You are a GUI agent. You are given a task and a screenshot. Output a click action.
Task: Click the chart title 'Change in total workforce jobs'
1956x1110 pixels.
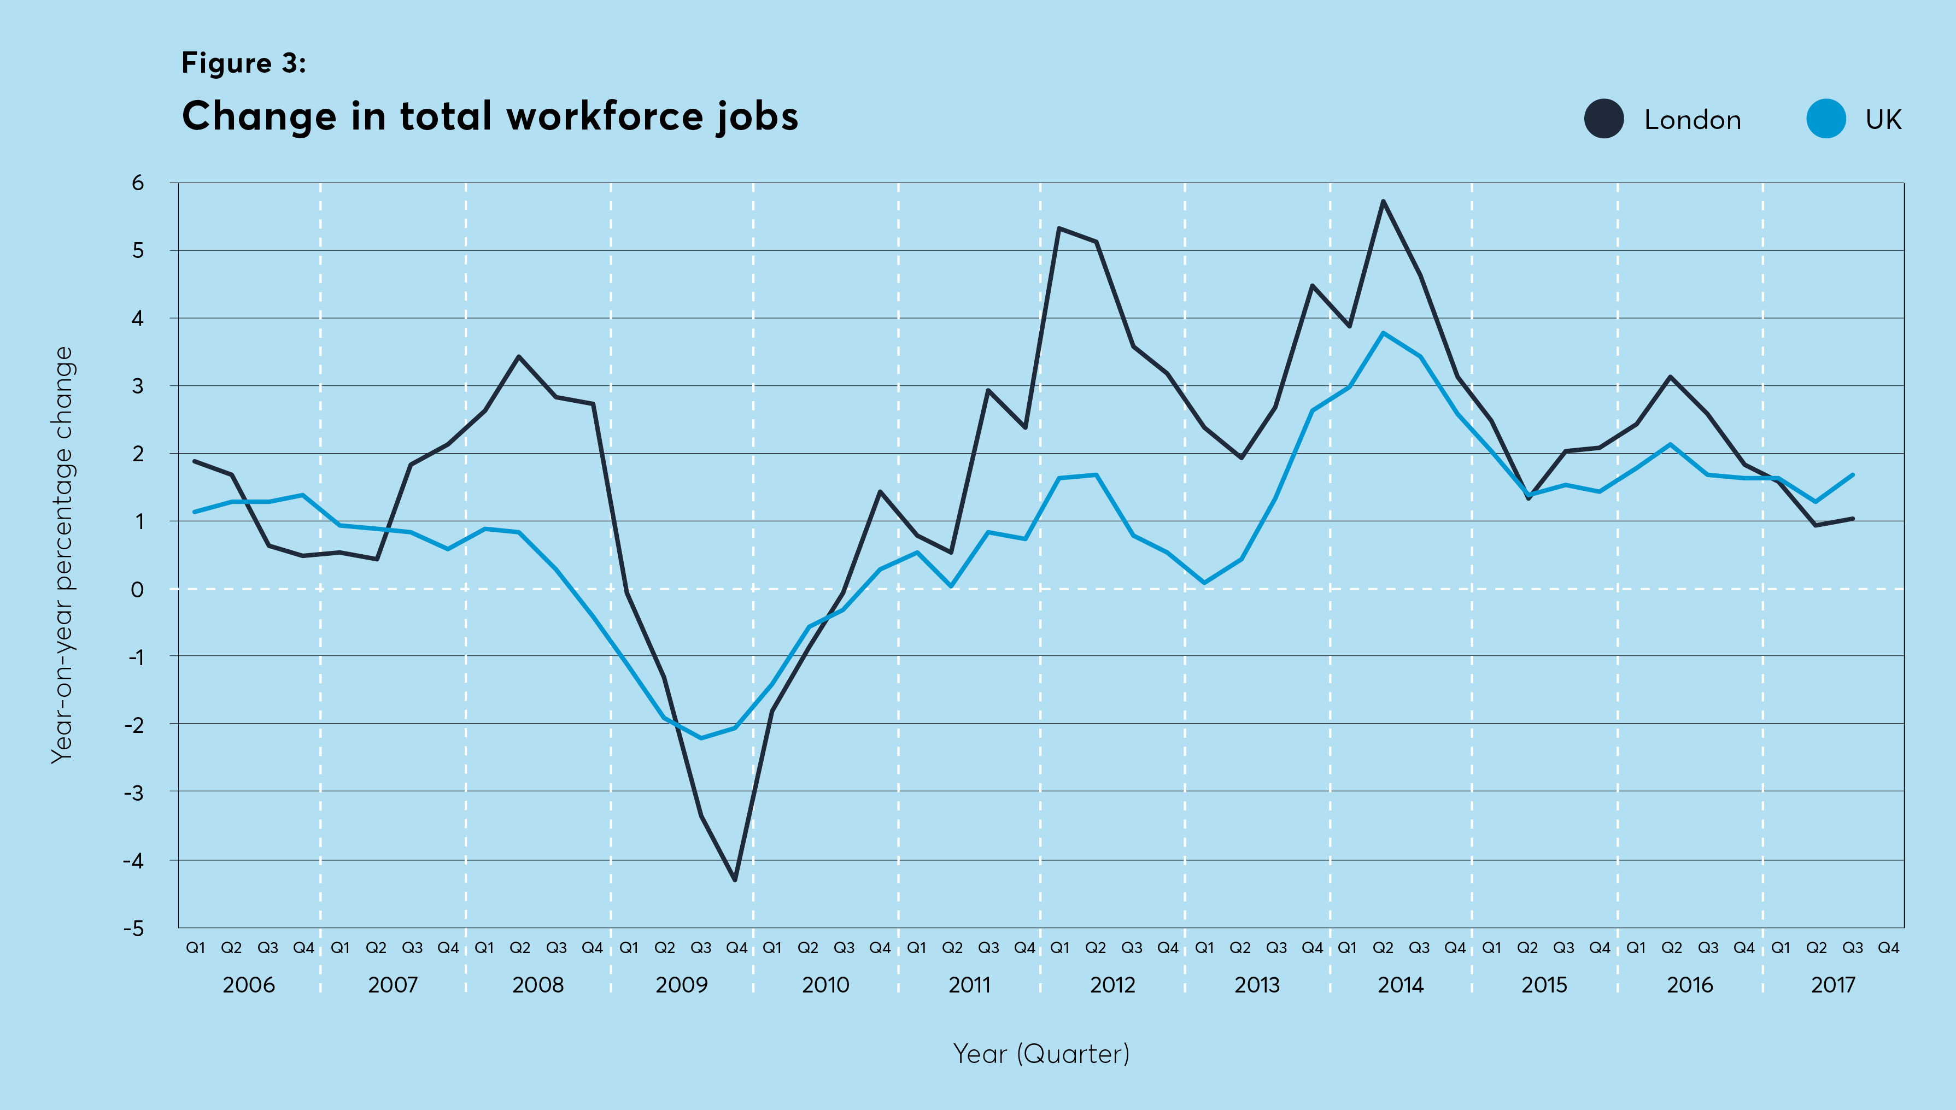[x=490, y=116]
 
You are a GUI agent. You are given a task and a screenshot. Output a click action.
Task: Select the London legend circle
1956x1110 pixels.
[x=1604, y=119]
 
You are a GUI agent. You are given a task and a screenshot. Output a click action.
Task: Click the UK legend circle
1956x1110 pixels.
[x=1825, y=119]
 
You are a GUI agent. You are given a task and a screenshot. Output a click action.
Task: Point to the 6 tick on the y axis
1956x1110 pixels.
[x=137, y=183]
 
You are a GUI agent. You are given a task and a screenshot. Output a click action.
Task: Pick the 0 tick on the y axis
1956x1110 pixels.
[x=137, y=589]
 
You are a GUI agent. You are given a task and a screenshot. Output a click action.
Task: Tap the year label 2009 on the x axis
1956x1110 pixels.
[x=682, y=985]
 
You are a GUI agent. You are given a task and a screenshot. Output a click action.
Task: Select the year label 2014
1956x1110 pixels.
[x=1400, y=985]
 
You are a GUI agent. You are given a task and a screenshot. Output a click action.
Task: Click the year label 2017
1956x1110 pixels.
[x=1832, y=985]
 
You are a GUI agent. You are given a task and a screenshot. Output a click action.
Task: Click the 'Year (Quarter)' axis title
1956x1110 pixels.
[x=1041, y=1054]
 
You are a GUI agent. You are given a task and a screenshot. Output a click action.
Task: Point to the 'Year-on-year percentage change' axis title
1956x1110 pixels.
[x=62, y=555]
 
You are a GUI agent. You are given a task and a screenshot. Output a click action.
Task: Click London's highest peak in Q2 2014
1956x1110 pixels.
[x=1383, y=201]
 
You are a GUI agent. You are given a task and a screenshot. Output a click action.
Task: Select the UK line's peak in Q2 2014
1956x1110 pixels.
[x=1383, y=333]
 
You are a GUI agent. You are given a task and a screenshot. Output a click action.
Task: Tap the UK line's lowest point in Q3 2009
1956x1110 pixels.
[x=701, y=738]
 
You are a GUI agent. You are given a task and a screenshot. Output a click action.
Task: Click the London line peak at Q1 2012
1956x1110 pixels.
[x=1059, y=228]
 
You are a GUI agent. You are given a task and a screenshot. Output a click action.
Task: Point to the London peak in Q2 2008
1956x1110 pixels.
[x=519, y=357]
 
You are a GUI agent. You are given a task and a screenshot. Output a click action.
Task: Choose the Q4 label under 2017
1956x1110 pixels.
[x=1888, y=948]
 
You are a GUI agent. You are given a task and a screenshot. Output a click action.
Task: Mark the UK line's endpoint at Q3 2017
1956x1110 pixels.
[x=1852, y=475]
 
